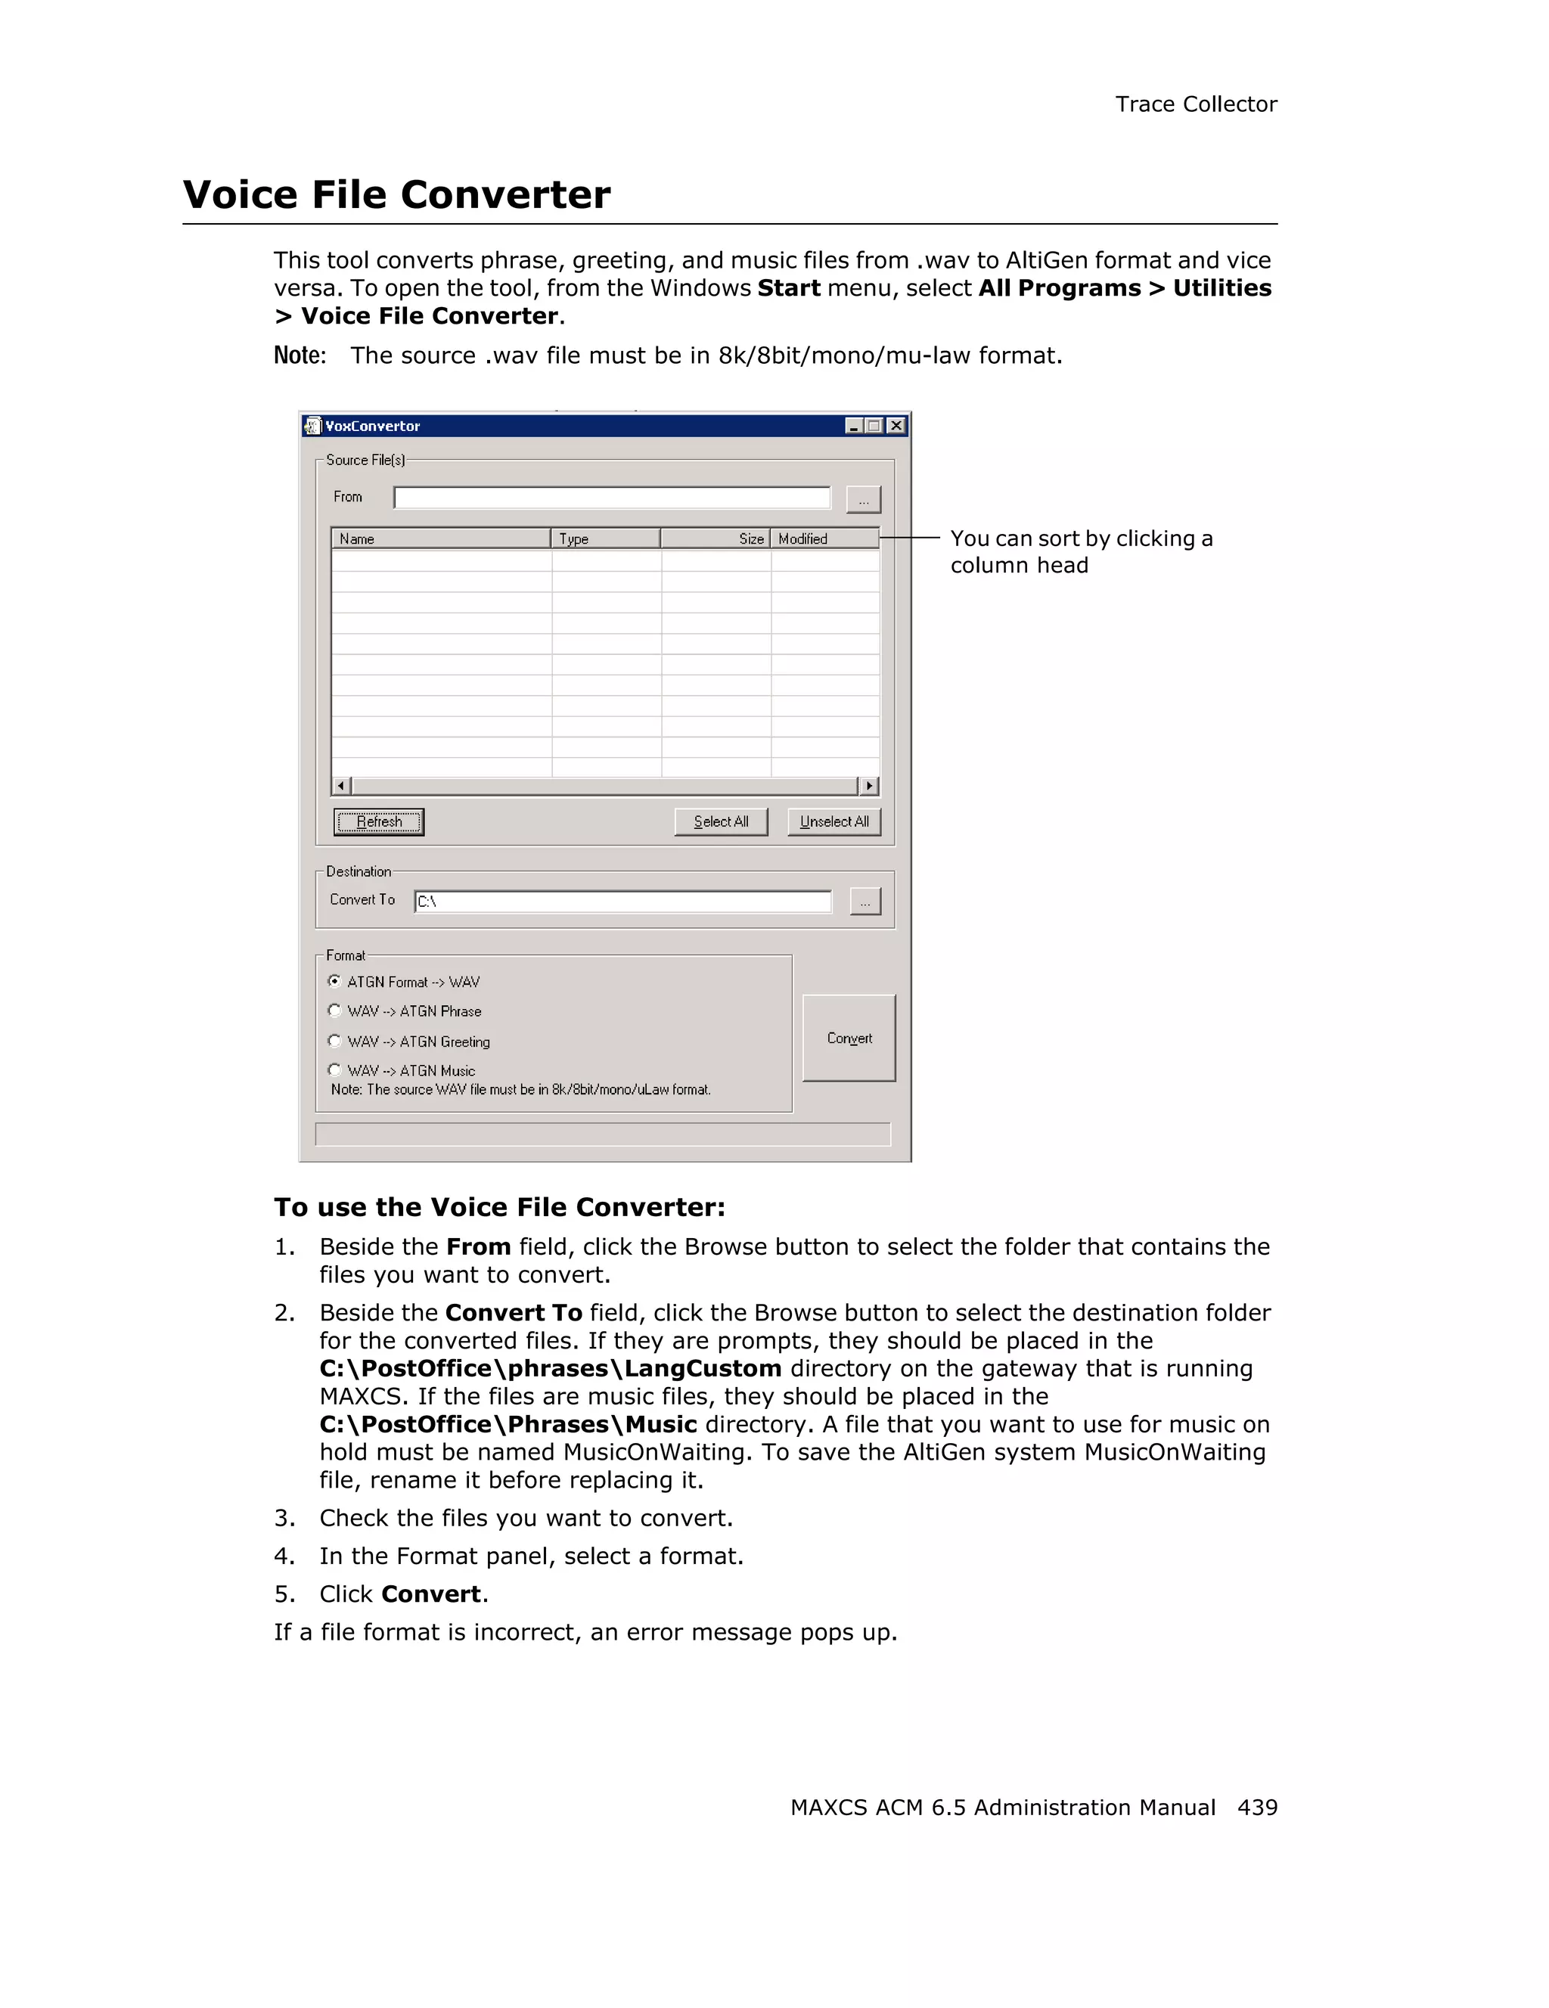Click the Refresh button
378,821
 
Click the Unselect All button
833,821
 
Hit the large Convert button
849,1038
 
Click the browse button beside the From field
863,499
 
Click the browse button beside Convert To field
865,901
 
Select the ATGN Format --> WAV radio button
334,981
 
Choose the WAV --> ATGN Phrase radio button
334,1010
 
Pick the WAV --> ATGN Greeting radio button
334,1041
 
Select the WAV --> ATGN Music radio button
334,1070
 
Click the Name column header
440,538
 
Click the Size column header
716,538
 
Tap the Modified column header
824,538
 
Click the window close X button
896,426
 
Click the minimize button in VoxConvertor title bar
854,426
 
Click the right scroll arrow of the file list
869,786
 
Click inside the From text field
611,498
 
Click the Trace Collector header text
1195,105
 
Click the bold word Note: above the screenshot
300,355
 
